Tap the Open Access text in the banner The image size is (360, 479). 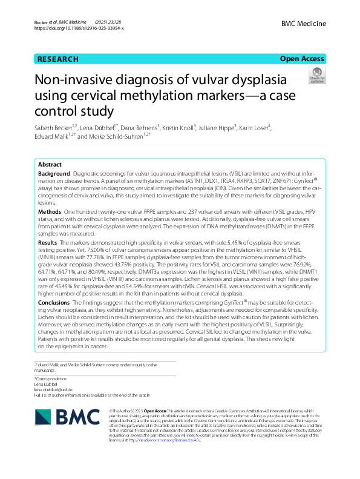point(302,59)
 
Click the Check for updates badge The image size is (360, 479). point(316,76)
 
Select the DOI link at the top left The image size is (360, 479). point(79,28)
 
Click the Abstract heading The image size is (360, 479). point(50,165)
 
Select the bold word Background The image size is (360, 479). point(53,174)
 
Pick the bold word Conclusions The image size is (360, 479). point(56,302)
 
